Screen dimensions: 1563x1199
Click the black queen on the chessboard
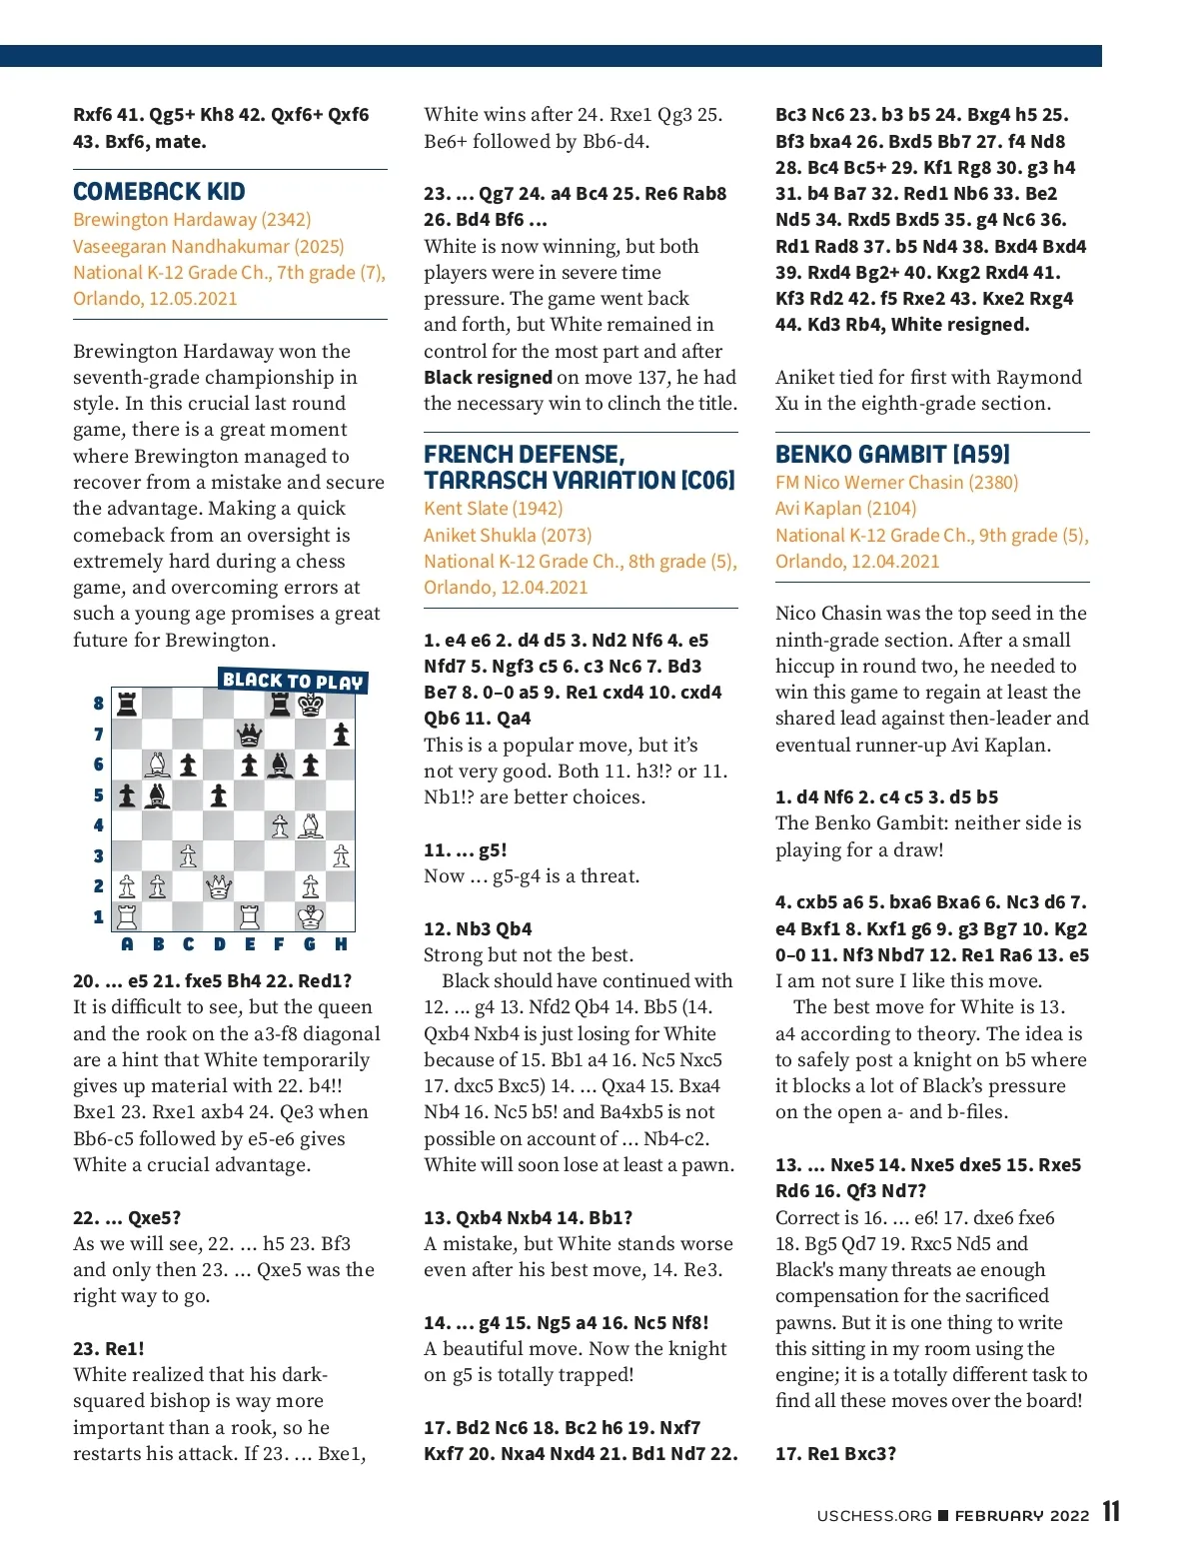click(x=249, y=736)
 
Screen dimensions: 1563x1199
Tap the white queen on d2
click(x=219, y=886)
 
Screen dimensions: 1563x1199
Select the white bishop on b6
click(x=158, y=765)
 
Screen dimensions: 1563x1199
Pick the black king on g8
click(x=311, y=705)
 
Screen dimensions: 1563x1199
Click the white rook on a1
click(x=127, y=916)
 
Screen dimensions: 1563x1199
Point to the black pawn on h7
click(x=341, y=736)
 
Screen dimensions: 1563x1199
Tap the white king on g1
click(x=311, y=916)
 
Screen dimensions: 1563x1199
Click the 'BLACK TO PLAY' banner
click(x=293, y=681)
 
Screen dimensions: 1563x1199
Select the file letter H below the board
click(x=341, y=944)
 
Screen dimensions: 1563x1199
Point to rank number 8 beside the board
click(x=98, y=704)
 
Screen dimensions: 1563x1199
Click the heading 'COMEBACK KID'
click(x=159, y=192)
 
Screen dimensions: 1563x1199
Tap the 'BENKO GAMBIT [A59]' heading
click(x=892, y=455)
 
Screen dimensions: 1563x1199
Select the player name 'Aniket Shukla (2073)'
click(x=508, y=535)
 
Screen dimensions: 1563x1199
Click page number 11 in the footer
click(x=1111, y=1512)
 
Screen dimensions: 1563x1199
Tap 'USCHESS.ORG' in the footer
click(x=874, y=1516)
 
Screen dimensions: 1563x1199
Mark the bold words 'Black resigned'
click(x=488, y=377)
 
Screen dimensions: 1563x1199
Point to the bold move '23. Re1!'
click(x=109, y=1348)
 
